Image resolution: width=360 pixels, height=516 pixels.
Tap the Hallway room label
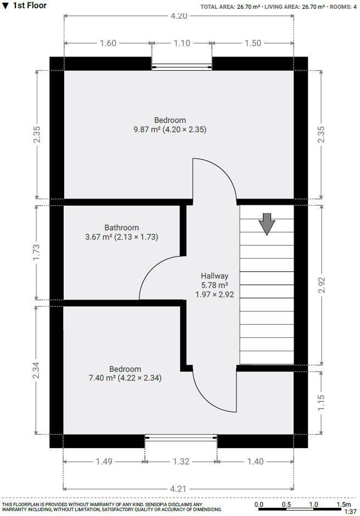(215, 276)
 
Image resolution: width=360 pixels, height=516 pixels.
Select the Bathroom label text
(122, 228)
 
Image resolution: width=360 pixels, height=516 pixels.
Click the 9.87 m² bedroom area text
(170, 130)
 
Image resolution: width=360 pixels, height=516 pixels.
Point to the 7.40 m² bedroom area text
(125, 378)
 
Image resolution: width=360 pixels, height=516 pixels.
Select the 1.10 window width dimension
(182, 43)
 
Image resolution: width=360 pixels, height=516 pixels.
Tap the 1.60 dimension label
(108, 43)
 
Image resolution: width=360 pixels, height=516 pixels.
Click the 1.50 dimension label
(252, 43)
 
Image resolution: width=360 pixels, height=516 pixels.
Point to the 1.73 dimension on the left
(37, 252)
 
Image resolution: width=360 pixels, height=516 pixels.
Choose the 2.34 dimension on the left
(37, 370)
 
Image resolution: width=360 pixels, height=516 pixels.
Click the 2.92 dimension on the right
(322, 284)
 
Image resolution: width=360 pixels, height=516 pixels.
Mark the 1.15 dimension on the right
(322, 402)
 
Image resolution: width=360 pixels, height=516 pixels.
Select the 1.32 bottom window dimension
(181, 462)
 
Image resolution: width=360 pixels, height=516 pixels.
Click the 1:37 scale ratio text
(350, 511)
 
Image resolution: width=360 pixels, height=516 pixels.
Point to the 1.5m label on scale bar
(343, 504)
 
